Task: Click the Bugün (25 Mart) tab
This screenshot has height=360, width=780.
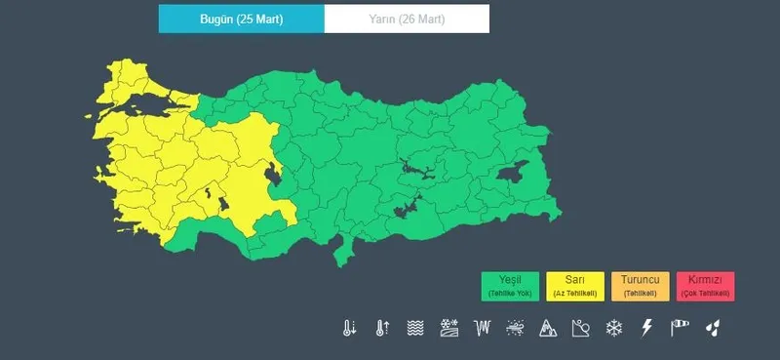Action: [x=241, y=19]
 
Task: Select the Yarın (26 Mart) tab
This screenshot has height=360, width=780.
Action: [x=408, y=19]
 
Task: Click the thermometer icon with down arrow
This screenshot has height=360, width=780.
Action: [x=349, y=328]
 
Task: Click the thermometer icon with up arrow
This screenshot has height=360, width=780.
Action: [x=382, y=328]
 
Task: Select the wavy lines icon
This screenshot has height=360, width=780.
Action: [x=415, y=328]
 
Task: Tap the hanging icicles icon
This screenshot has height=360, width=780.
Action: [x=482, y=328]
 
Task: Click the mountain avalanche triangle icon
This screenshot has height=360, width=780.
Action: [x=548, y=328]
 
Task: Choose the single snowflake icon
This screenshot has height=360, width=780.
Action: [x=614, y=328]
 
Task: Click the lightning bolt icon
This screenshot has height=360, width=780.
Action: [x=646, y=328]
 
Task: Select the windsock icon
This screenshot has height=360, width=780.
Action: [x=680, y=328]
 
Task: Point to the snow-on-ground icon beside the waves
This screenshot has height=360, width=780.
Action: [x=448, y=328]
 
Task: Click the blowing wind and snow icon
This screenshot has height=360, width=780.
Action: [x=515, y=328]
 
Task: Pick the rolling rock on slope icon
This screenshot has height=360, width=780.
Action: [x=581, y=328]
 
